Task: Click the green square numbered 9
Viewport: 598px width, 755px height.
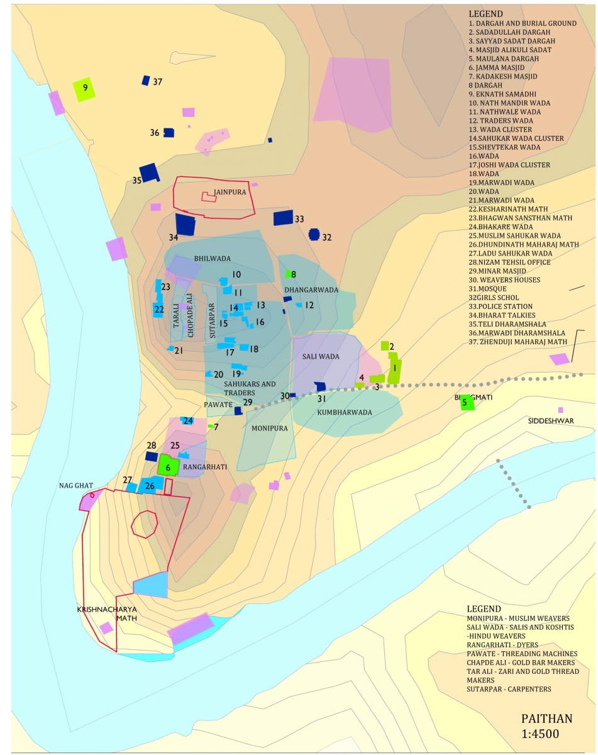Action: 84,89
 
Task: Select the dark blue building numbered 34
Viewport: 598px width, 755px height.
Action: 185,225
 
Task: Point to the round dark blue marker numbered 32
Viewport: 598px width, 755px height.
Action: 314,235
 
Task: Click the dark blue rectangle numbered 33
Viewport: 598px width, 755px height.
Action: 283,218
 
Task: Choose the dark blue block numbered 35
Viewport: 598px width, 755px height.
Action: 149,172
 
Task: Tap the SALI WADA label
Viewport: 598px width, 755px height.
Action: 321,357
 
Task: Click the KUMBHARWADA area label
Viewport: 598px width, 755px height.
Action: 344,413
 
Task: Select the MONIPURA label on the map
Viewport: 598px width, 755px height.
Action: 269,428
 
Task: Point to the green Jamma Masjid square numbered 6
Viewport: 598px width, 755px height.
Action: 167,466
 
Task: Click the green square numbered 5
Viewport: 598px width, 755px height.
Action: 467,402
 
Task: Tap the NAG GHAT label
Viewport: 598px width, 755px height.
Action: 76,486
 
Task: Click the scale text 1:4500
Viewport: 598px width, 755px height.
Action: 541,733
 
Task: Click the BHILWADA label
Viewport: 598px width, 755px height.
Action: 213,259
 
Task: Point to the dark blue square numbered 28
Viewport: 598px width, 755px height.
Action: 152,456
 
